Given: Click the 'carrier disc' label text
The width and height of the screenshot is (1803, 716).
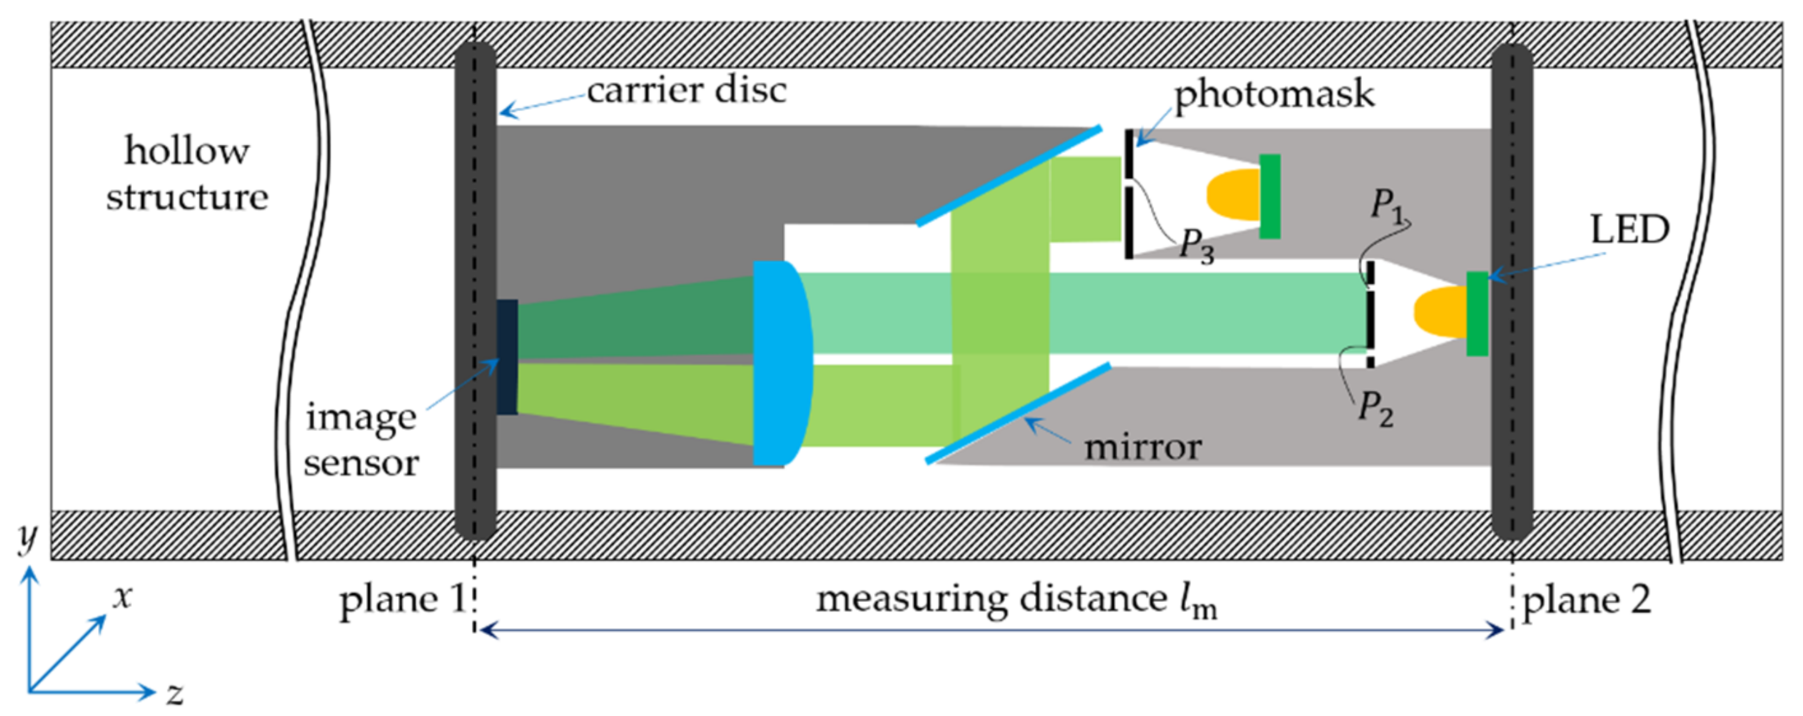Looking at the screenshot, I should (686, 91).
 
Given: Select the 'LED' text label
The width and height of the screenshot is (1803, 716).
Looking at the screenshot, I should (1630, 229).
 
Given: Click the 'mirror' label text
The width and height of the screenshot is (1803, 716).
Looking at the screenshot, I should (1143, 447).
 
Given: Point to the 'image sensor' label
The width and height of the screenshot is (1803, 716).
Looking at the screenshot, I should (361, 440).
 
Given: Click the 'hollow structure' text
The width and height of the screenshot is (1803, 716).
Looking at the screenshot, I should (187, 173).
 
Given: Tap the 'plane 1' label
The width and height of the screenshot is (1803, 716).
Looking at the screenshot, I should (402, 600).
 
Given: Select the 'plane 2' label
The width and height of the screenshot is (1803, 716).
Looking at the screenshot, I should (1587, 600).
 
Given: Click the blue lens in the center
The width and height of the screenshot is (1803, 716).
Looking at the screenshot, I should (780, 364).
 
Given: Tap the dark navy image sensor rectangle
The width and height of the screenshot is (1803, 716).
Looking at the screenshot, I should (507, 357).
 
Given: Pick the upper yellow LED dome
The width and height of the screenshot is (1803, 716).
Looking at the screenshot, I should (1234, 194).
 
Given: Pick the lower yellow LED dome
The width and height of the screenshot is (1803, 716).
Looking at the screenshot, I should (1440, 311).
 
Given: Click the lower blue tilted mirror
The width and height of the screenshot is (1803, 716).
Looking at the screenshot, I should (1018, 413).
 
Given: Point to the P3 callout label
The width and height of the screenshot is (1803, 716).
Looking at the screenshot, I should (1196, 247).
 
